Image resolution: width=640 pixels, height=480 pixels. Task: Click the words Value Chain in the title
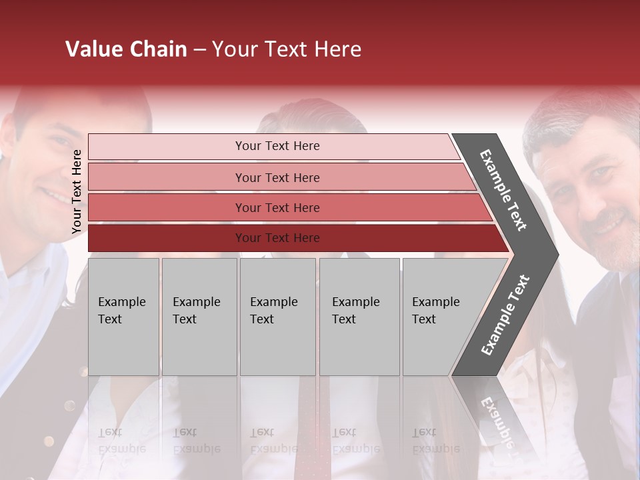(x=126, y=49)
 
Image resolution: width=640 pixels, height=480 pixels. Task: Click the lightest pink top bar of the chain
(x=277, y=146)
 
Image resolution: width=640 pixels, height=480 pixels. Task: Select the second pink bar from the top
(x=277, y=177)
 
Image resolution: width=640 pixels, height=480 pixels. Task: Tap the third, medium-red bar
(x=277, y=207)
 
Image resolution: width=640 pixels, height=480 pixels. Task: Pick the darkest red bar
(x=277, y=238)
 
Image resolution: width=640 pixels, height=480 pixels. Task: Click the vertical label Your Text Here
(x=77, y=191)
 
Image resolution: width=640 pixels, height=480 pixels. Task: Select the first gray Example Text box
(x=123, y=316)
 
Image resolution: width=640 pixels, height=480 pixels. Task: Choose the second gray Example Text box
(x=199, y=316)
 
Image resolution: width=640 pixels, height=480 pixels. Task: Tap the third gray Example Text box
(x=277, y=316)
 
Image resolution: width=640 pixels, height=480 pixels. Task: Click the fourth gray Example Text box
(x=359, y=316)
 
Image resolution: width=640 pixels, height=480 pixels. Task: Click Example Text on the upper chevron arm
(x=503, y=190)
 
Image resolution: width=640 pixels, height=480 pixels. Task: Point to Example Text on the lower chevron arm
(x=505, y=315)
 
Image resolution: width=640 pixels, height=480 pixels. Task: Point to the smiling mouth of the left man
(x=53, y=197)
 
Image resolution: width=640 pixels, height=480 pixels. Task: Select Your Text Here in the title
(x=286, y=49)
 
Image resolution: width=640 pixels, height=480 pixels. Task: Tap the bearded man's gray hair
(x=573, y=123)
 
